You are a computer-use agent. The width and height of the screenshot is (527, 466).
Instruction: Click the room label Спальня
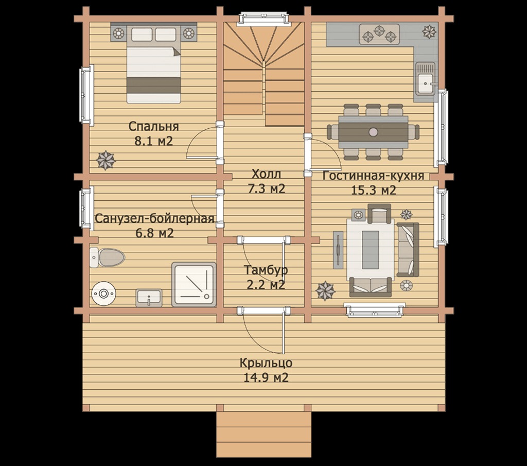point(153,127)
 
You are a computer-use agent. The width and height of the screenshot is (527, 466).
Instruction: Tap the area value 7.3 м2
point(266,188)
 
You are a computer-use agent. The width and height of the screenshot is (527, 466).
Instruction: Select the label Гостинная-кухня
point(374,176)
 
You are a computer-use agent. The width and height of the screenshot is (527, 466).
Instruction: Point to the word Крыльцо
point(266,364)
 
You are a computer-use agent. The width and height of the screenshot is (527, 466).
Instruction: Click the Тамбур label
point(266,270)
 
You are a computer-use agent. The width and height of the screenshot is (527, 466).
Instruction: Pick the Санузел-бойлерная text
point(154,218)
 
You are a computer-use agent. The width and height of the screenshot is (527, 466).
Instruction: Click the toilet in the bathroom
point(107,257)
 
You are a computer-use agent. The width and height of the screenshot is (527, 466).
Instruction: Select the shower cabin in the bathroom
point(194,284)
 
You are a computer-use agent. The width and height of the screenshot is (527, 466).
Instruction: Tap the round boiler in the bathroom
point(103,294)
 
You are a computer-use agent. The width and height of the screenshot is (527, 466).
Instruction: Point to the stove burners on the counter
point(379,34)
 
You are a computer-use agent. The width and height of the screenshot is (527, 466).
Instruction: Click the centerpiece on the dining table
point(373,132)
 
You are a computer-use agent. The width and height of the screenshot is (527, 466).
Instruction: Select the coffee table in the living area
point(371,249)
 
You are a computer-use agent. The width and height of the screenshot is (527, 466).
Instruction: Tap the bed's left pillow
point(142,34)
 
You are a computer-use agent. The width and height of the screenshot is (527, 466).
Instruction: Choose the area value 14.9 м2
point(266,378)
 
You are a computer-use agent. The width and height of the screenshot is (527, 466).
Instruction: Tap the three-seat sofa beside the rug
point(408,249)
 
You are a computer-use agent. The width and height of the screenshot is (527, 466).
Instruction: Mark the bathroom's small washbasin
point(149,298)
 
